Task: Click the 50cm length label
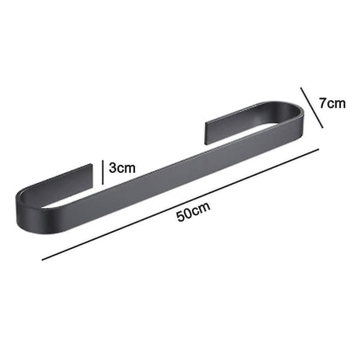click(x=193, y=211)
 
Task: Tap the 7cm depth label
click(x=332, y=103)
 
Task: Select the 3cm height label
click(x=122, y=167)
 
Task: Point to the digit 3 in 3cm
click(x=113, y=167)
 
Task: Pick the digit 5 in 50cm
click(x=181, y=216)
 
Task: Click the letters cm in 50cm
click(x=202, y=208)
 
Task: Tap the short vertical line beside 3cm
click(x=103, y=172)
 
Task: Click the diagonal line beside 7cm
click(x=312, y=107)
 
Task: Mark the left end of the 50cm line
click(x=42, y=260)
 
